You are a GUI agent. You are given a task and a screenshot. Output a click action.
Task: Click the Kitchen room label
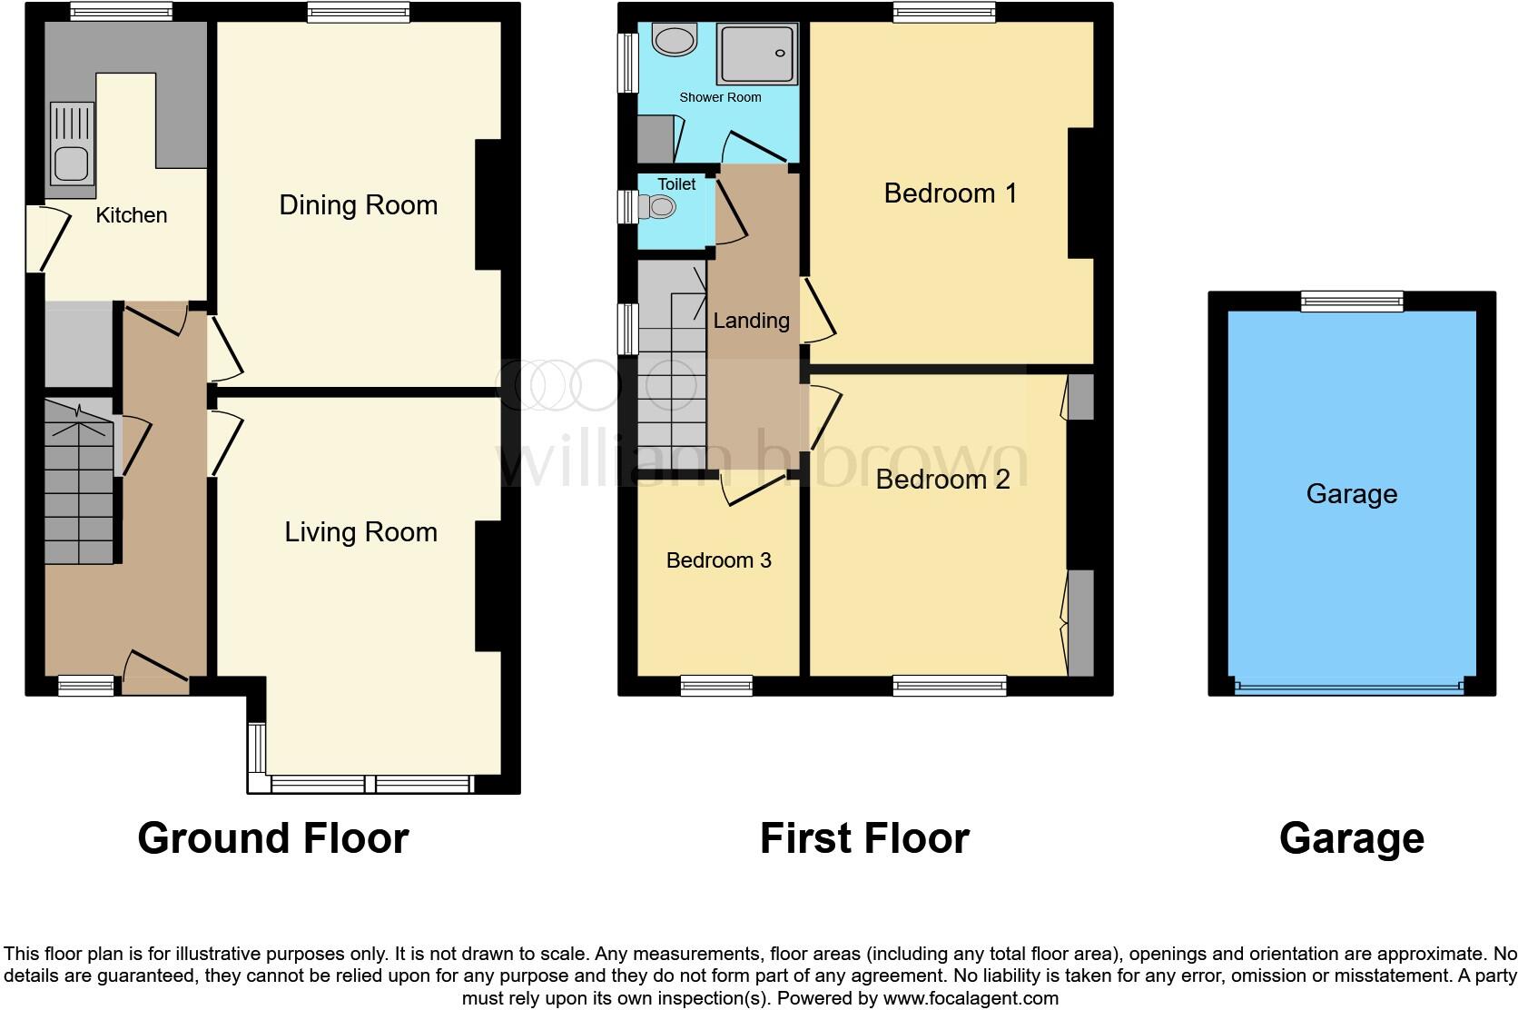[132, 215]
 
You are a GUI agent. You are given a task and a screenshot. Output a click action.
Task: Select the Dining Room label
[358, 205]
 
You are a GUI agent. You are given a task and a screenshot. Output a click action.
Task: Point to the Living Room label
[360, 532]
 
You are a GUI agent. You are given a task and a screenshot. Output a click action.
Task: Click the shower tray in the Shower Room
[757, 54]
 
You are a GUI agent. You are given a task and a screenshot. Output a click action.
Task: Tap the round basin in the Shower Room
[674, 40]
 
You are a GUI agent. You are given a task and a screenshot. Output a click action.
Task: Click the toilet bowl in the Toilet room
[660, 208]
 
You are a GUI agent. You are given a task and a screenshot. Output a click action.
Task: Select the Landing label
[751, 321]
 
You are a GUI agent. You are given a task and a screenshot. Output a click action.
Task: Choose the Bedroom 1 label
[950, 193]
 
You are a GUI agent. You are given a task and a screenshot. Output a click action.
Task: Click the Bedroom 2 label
[942, 480]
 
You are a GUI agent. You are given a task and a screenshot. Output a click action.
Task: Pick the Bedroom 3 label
[718, 560]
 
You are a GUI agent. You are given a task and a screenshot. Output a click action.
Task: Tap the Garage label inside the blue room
[1351, 494]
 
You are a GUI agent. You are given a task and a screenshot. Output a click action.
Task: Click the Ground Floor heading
[272, 838]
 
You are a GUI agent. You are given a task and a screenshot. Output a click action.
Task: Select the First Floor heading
[864, 838]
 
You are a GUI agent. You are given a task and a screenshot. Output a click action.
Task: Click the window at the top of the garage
[1352, 301]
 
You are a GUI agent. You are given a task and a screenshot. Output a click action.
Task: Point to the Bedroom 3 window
[716, 686]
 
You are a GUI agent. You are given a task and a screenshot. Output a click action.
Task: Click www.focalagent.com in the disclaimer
[971, 998]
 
